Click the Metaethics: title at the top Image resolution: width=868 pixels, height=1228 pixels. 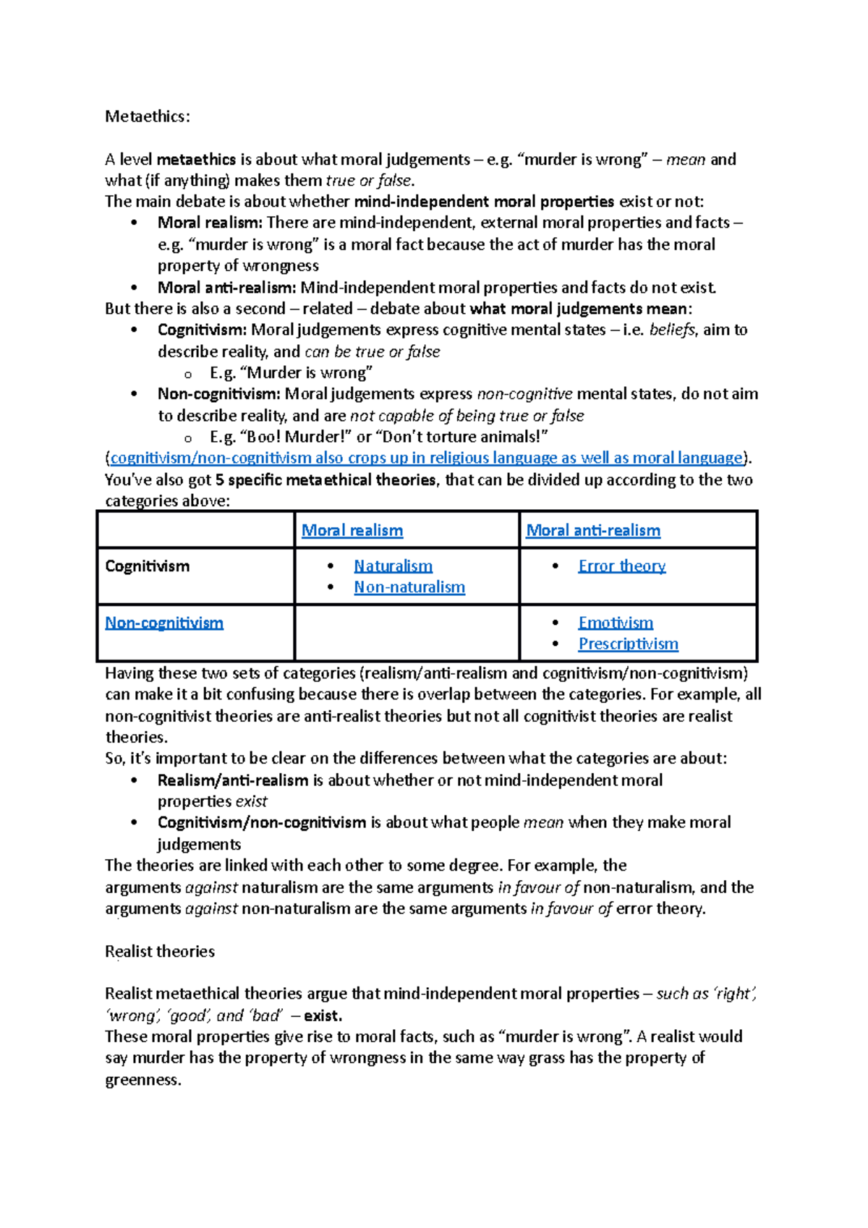[x=148, y=116]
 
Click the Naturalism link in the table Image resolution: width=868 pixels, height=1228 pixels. [x=393, y=566]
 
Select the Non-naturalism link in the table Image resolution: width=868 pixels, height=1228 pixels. [x=409, y=587]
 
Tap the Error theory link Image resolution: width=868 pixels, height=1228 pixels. [x=621, y=566]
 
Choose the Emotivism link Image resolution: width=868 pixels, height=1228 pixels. [x=615, y=623]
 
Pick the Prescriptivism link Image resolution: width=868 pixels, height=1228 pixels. [x=628, y=644]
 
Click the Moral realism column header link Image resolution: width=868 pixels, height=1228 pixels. [x=352, y=530]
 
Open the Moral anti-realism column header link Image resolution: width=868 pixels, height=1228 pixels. [x=592, y=530]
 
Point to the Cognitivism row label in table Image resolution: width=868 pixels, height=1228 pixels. [x=147, y=566]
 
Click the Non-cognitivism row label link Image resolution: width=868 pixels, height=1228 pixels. [x=164, y=623]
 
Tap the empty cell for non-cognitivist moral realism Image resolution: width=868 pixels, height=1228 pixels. [x=407, y=633]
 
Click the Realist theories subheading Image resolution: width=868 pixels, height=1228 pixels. [x=160, y=951]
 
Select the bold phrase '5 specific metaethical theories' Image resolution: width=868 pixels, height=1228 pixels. [x=325, y=479]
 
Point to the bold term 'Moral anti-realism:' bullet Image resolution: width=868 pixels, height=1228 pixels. [x=226, y=288]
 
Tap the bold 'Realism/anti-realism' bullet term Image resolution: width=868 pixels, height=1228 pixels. [x=232, y=780]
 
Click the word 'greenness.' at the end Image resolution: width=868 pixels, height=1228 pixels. [x=142, y=1080]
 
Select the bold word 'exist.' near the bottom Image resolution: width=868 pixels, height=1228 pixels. [x=323, y=1015]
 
